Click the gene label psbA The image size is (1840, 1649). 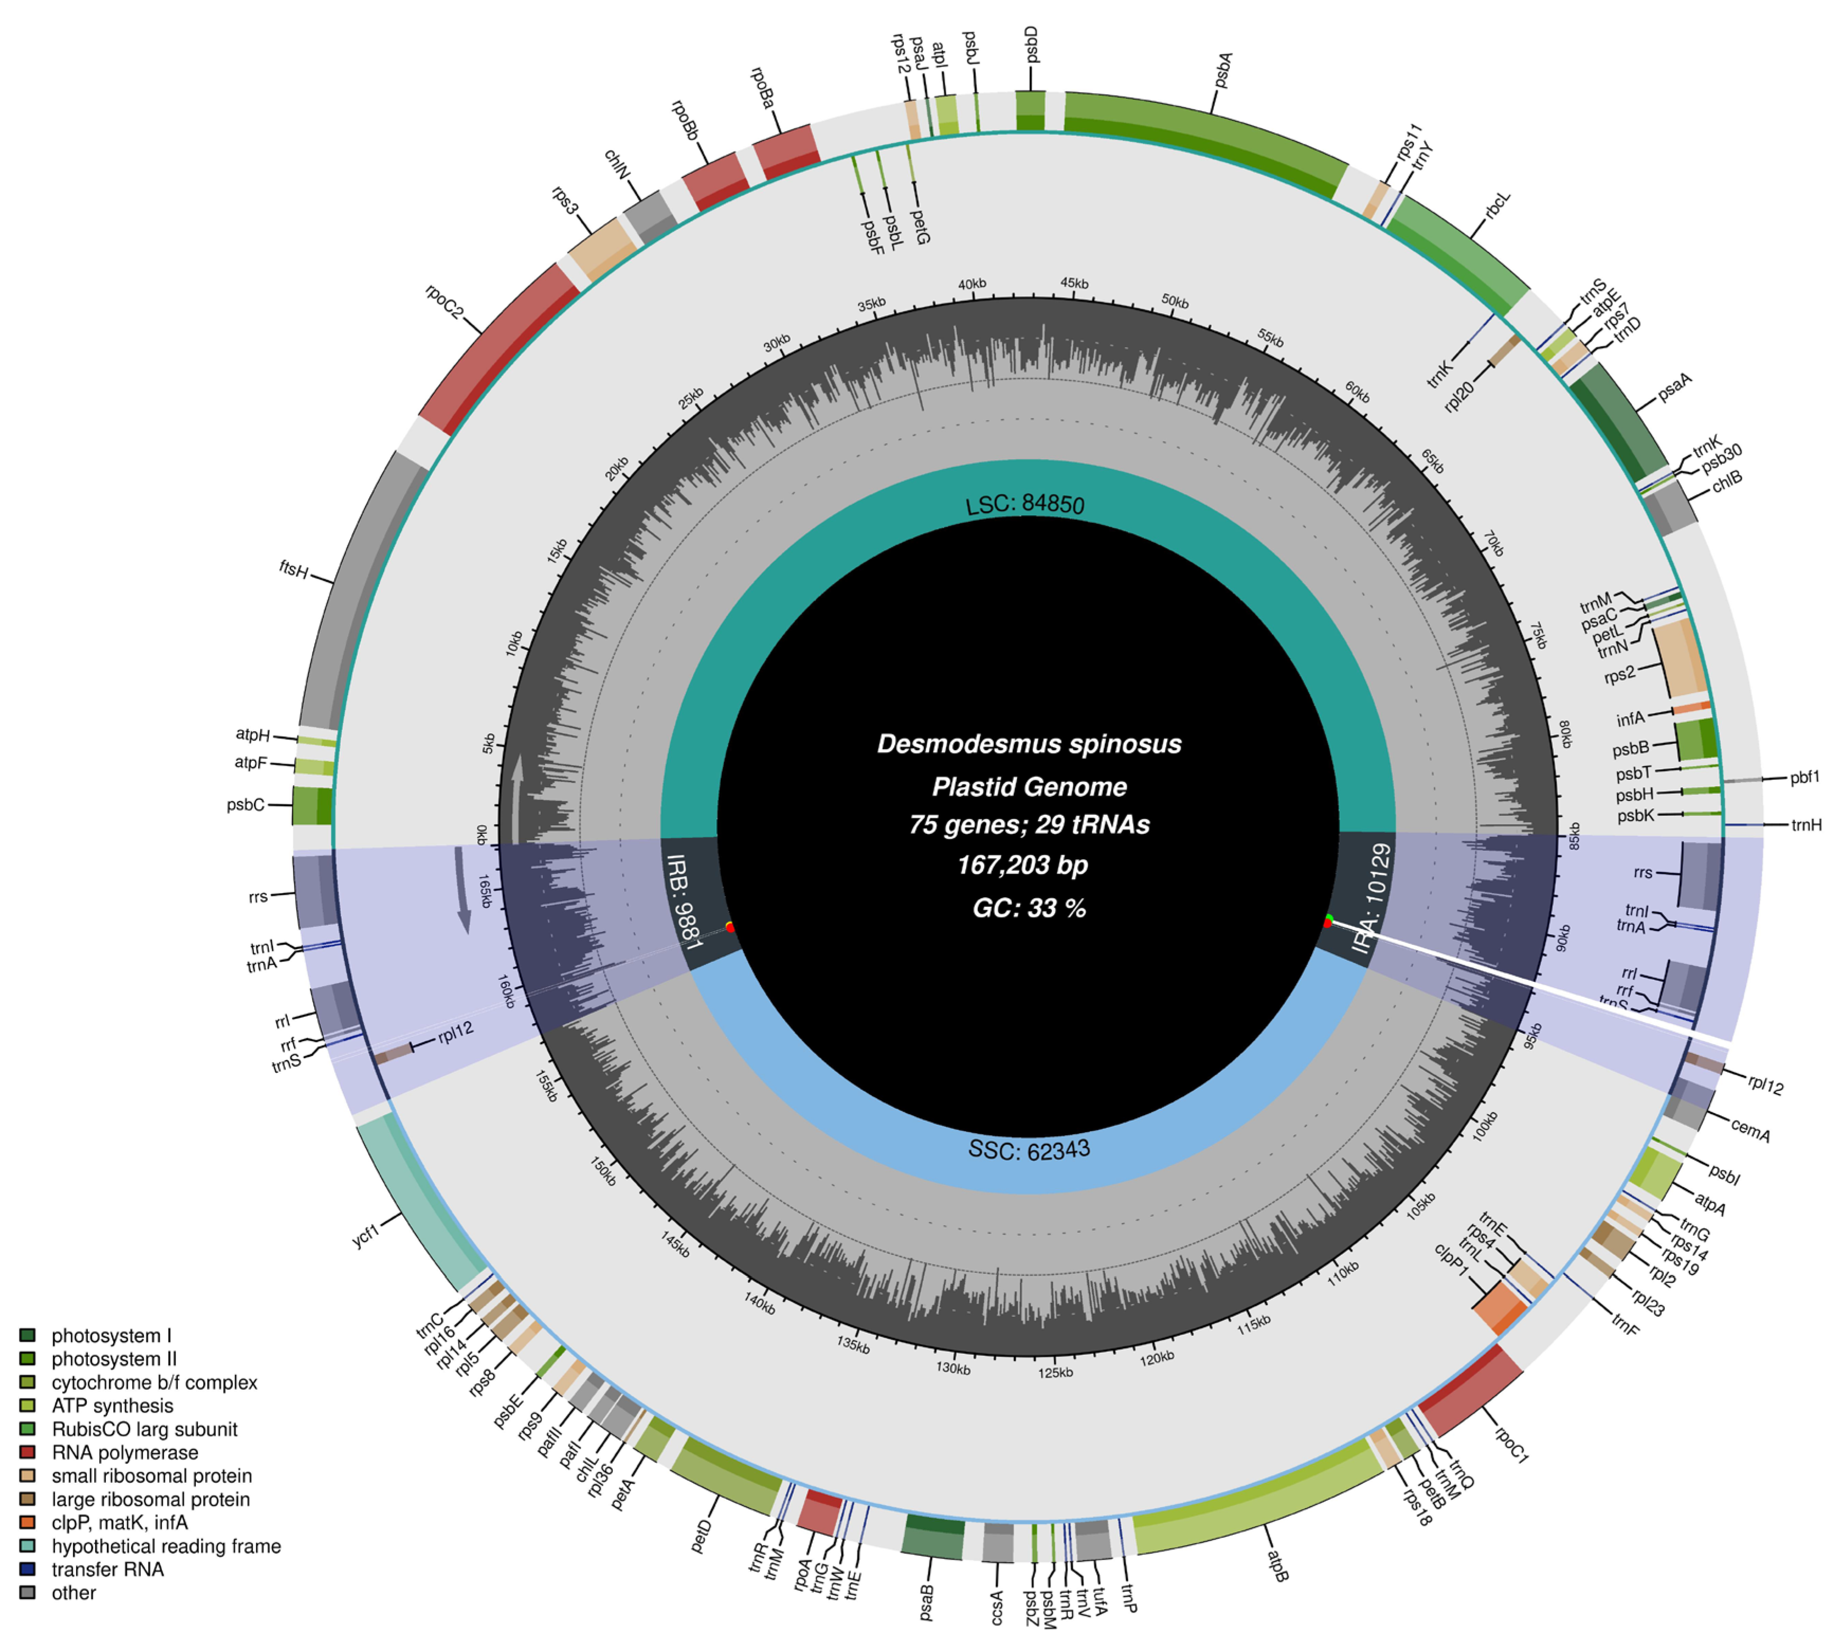point(1223,71)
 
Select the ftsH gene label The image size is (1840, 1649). point(294,569)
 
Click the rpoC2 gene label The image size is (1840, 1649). point(444,302)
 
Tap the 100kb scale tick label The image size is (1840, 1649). point(1485,1126)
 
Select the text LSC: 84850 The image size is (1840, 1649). point(1025,504)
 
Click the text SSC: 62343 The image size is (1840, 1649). point(1029,1150)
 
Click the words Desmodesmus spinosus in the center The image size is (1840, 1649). point(1029,744)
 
